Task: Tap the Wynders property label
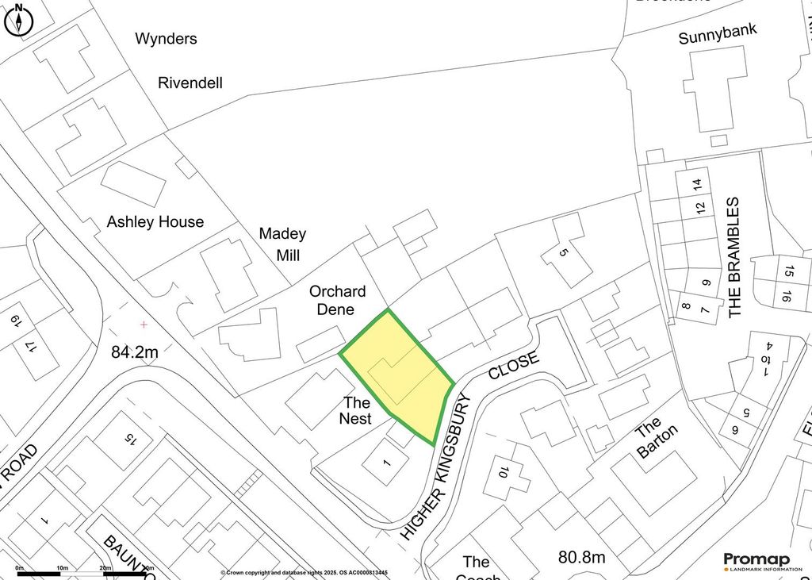166,38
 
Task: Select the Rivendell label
190,83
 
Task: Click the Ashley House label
155,222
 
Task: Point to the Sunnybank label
718,35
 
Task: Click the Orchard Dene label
337,300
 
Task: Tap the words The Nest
356,410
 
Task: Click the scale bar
83,570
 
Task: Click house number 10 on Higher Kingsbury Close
501,474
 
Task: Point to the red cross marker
144,325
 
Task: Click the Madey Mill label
282,244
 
